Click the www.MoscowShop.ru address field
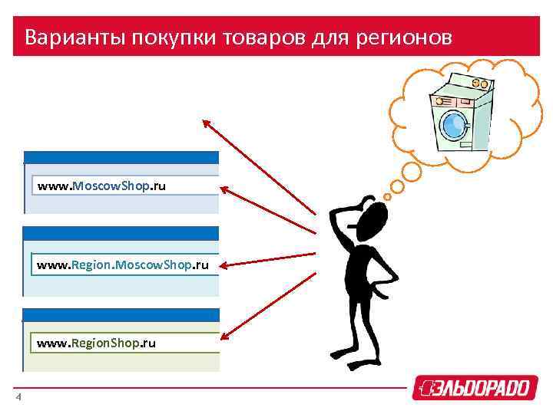coord(127,186)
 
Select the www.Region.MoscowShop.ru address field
coord(127,264)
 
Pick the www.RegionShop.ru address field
coord(127,343)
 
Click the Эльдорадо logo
coord(471,387)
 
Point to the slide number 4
coord(18,396)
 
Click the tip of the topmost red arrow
coord(205,122)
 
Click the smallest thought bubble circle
coord(388,196)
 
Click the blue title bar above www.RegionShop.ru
coord(121,314)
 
